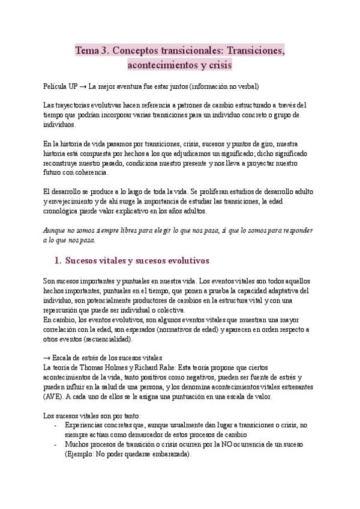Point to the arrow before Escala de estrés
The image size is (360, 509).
(48, 358)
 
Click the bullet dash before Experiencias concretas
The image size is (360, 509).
(56, 425)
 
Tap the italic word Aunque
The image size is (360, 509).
(58, 230)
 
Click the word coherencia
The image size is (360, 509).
(89, 172)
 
